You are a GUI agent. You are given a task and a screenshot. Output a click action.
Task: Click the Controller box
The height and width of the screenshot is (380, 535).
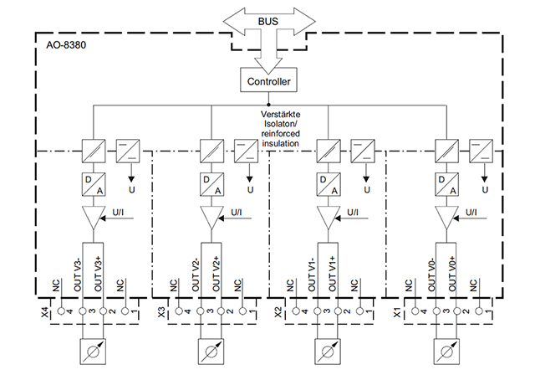point(268,80)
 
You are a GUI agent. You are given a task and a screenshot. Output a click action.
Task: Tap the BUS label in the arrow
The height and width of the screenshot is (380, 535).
point(268,22)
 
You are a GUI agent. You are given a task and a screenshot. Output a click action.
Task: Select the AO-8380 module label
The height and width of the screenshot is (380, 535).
point(66,45)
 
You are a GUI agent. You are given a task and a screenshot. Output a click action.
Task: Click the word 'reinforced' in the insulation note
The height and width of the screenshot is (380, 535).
point(280,134)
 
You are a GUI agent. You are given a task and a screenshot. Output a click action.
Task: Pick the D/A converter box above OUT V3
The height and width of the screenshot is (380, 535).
point(94,184)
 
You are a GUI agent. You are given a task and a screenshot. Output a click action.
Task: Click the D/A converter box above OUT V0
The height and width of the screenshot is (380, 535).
point(446,184)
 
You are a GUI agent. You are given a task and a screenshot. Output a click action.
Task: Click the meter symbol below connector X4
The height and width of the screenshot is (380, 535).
point(93,352)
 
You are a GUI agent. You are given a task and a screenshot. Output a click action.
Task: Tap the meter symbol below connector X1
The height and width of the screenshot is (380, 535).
point(446,352)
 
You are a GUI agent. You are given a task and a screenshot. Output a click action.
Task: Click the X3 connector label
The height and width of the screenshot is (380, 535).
point(161,312)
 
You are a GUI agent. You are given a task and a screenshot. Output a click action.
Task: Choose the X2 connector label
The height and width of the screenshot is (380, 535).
point(278,312)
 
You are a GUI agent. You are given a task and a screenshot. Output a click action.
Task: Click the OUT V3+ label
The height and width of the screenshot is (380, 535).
point(99,274)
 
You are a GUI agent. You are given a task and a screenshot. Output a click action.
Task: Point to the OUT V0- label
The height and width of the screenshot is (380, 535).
point(432,274)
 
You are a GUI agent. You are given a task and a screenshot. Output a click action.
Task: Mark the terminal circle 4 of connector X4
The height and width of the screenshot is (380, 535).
point(61,311)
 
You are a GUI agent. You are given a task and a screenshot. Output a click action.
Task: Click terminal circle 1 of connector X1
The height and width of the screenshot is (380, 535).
point(479,311)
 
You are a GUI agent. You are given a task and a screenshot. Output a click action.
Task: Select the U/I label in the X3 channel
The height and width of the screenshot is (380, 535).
point(236,213)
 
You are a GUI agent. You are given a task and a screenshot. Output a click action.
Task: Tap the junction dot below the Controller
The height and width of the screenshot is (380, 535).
point(268,105)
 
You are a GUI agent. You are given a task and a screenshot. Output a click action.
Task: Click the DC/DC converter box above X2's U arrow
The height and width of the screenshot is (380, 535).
point(363,151)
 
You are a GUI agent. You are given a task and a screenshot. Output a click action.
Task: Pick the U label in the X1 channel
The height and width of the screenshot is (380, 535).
point(485,190)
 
